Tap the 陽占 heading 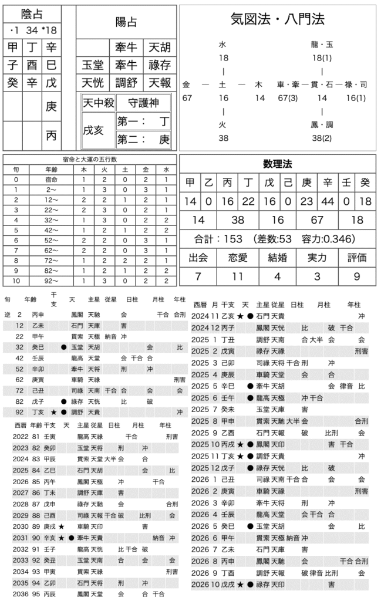tap(126, 22)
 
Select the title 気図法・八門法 tap(278, 19)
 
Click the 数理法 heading tap(278, 164)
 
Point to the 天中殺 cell tap(97, 103)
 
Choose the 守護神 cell tap(143, 103)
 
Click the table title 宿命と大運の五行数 tap(90, 159)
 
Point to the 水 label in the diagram tap(223, 44)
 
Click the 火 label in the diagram tap(223, 124)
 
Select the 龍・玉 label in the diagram tap(322, 44)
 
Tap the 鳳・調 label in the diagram tap(322, 124)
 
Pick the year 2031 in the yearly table tap(21, 537)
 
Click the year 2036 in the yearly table tap(21, 594)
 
